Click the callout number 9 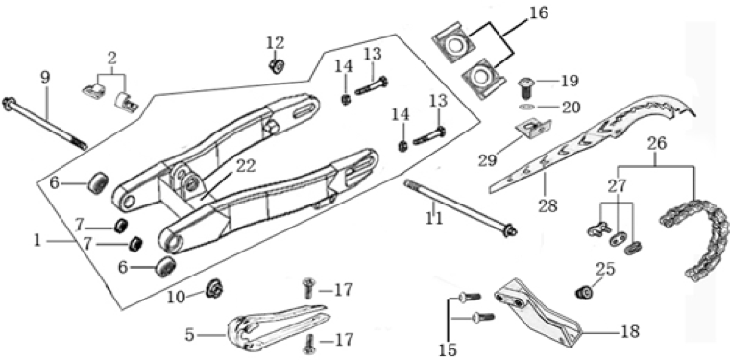coord(45,77)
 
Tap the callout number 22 coord(246,165)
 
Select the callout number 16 coord(539,12)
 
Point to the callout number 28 coord(547,205)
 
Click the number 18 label coord(629,331)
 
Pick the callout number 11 coord(434,217)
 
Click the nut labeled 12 coord(276,65)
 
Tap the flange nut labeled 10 coord(214,289)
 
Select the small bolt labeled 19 coord(525,88)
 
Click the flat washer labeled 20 coord(526,108)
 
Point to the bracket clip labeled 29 coord(534,130)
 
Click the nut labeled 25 coord(583,293)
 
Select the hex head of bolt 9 coord(9,104)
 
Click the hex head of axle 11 coord(510,230)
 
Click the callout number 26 coord(656,143)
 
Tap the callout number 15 coord(448,350)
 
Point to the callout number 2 coord(111,60)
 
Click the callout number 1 coord(37,240)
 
